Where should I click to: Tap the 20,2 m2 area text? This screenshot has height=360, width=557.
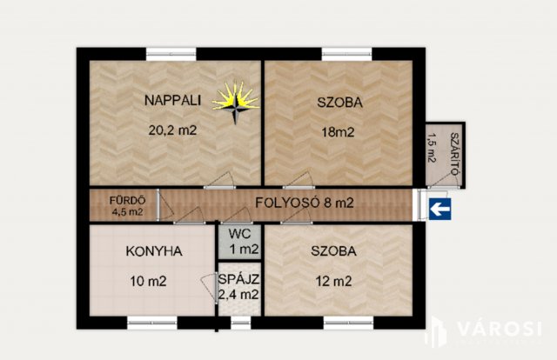point(172,133)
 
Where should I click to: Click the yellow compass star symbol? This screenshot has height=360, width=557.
point(236,102)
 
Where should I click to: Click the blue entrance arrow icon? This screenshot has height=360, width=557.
point(441,207)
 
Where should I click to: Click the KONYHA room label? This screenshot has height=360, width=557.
point(153,251)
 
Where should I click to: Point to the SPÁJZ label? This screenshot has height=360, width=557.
point(238,279)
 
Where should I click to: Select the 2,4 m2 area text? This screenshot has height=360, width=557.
point(238,295)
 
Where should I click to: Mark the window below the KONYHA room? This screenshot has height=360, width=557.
point(152,323)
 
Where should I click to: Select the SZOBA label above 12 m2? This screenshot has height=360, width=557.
point(334,251)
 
